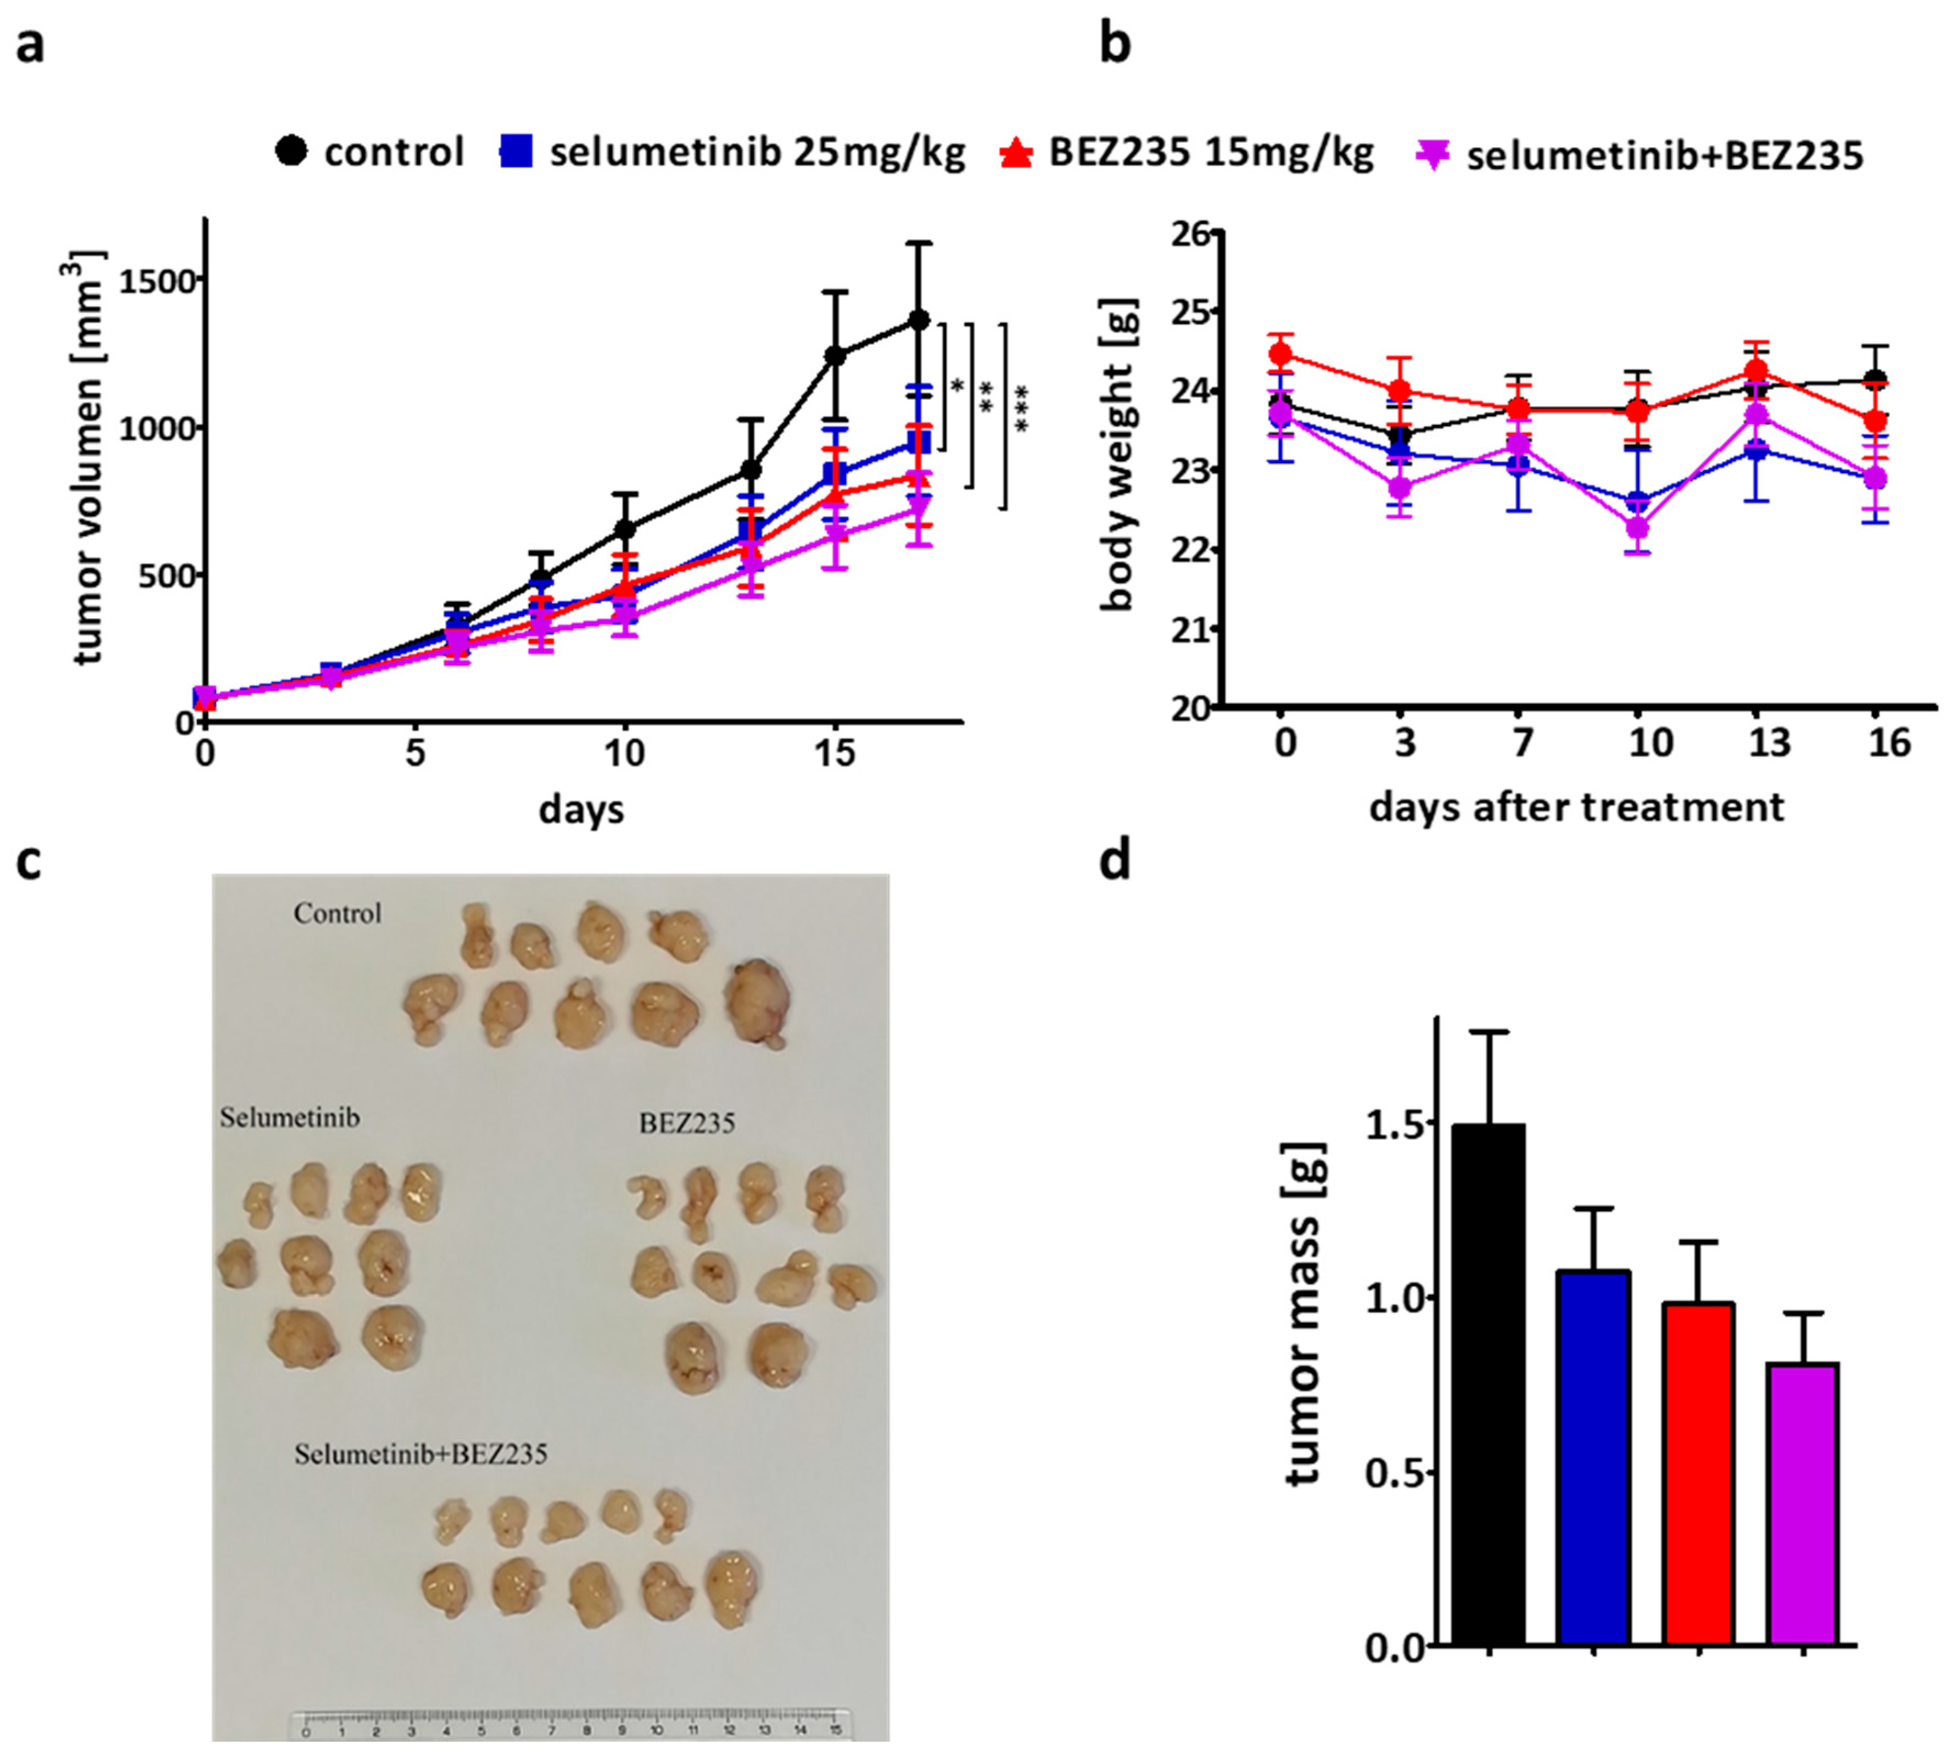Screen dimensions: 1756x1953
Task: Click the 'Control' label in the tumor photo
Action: (338, 913)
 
